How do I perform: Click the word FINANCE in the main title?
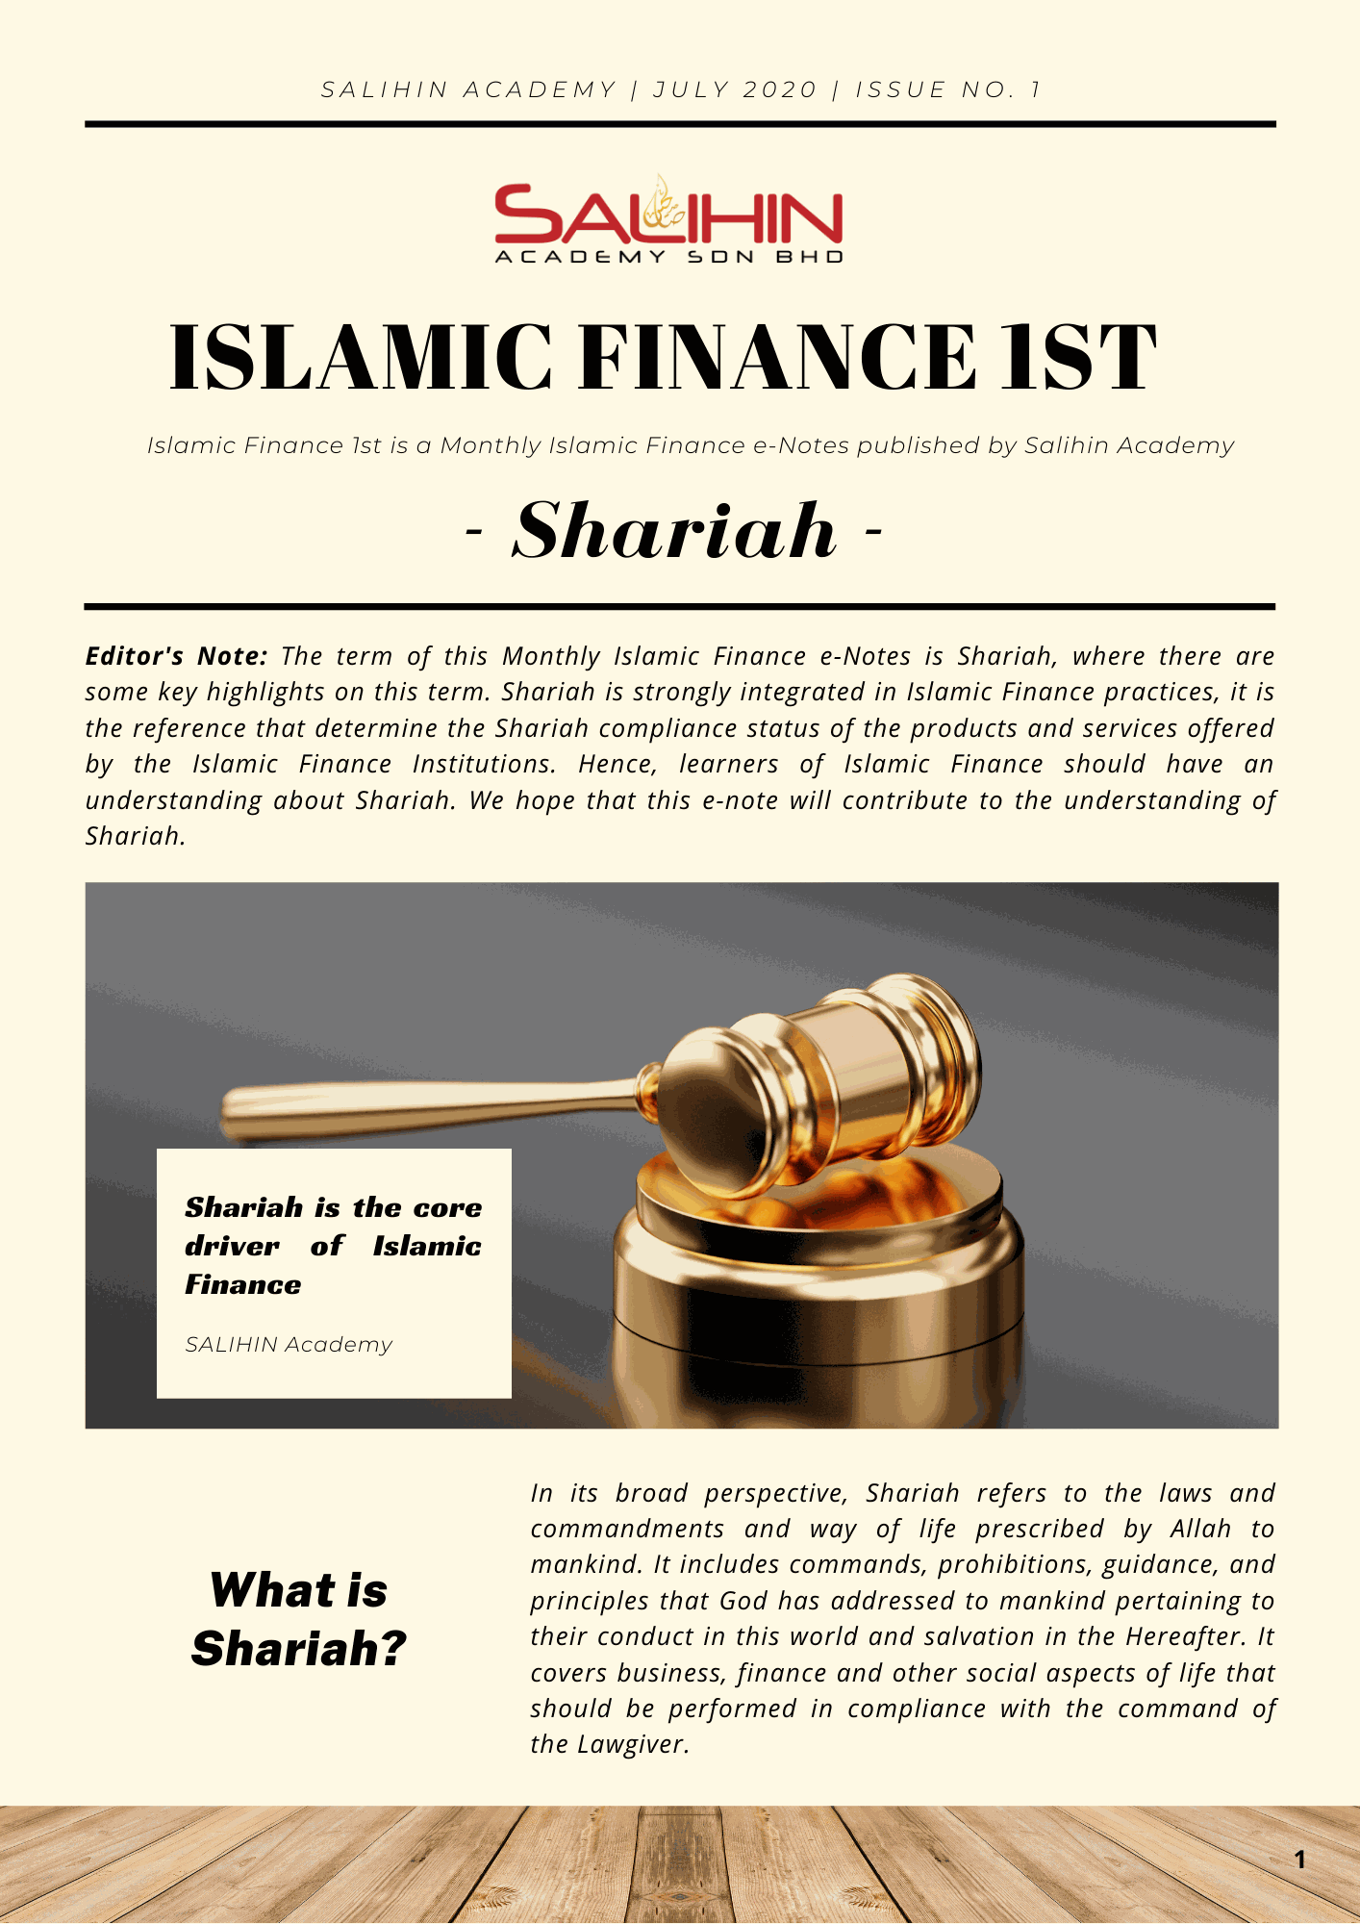pyautogui.click(x=775, y=358)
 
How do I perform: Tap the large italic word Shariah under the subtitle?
pyautogui.click(x=674, y=531)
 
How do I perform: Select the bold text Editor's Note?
pyautogui.click(x=176, y=656)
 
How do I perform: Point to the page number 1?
pyautogui.click(x=1299, y=1860)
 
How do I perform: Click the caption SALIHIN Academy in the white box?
pyautogui.click(x=289, y=1344)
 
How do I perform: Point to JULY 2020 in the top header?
pyautogui.click(x=735, y=89)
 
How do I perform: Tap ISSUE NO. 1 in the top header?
pyautogui.click(x=948, y=89)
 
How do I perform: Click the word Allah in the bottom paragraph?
pyautogui.click(x=1200, y=1529)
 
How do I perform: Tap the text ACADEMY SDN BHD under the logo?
pyautogui.click(x=668, y=257)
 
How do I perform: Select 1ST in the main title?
pyautogui.click(x=1077, y=358)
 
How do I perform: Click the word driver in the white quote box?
pyautogui.click(x=232, y=1246)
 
